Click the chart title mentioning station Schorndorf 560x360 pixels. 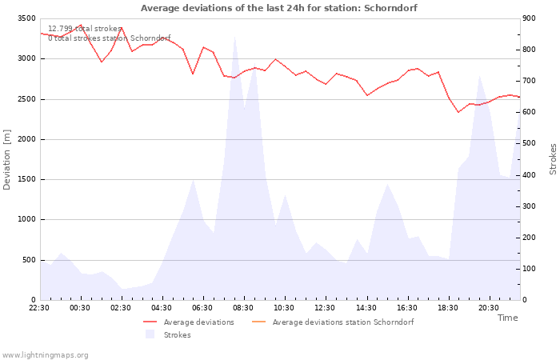(279, 8)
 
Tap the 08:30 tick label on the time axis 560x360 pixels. (243, 308)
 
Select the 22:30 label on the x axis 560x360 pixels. (39, 308)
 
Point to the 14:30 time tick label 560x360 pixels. (366, 308)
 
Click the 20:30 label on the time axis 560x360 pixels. (489, 308)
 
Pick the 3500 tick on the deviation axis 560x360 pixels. (26, 18)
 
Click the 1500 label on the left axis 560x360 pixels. (26, 180)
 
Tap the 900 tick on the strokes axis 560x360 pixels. (529, 18)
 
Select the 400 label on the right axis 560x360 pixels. (529, 175)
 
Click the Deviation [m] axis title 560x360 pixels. (6, 159)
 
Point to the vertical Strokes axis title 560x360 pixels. (553, 159)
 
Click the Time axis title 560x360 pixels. (507, 318)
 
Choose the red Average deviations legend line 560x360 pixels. (150, 322)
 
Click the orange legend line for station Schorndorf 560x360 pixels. (259, 322)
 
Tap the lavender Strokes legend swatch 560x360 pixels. (150, 334)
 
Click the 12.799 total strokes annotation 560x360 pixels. (85, 29)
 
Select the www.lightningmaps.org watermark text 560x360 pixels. (45, 355)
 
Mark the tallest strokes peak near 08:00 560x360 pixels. (234, 36)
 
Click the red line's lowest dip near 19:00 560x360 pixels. (458, 112)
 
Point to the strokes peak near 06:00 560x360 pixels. (194, 180)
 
